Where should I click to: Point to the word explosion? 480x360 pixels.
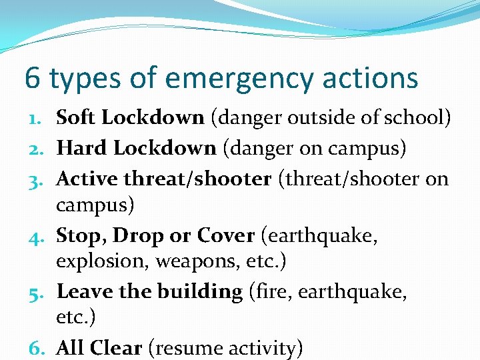102,261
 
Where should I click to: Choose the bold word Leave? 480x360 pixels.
85,291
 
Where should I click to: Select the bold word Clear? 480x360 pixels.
116,347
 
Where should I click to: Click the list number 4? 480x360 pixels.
37,236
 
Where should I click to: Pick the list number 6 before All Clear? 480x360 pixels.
37,348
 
